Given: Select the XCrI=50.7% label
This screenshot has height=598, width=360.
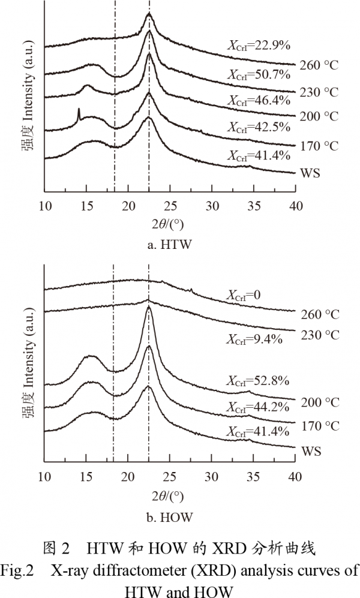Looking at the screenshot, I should [258, 75].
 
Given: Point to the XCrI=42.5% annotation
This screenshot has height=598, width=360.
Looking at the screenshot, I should [258, 127].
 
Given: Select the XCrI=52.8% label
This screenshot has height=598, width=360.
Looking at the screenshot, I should [258, 380].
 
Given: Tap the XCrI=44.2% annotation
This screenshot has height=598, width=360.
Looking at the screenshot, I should [258, 407].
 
